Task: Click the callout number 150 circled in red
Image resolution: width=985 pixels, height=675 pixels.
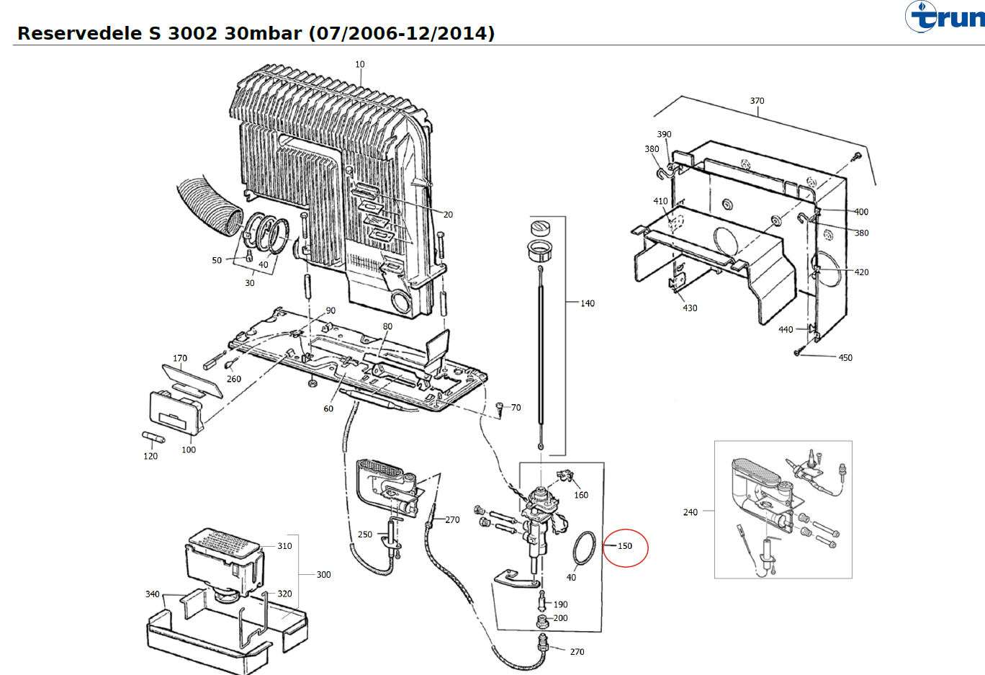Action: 625,546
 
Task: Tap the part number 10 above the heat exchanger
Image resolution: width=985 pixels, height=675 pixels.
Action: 360,64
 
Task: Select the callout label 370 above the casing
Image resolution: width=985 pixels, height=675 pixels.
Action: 757,101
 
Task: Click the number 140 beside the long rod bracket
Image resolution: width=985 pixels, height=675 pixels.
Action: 588,303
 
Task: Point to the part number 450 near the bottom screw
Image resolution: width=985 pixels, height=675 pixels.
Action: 845,358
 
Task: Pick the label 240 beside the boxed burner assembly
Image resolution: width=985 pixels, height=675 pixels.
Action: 690,512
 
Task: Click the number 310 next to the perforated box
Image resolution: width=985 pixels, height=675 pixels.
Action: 284,546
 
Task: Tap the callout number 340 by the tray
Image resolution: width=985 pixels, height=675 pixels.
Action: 152,594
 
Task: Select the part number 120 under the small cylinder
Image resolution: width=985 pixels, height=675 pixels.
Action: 150,456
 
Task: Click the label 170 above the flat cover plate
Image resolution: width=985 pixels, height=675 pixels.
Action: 180,358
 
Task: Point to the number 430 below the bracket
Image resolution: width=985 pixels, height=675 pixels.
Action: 690,308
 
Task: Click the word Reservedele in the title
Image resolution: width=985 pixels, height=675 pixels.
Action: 80,33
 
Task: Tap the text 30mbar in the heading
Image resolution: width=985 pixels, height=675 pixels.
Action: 263,33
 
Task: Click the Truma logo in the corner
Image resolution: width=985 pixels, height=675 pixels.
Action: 945,17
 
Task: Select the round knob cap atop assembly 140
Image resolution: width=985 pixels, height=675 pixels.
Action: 541,228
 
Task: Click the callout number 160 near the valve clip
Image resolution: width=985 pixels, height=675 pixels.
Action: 581,495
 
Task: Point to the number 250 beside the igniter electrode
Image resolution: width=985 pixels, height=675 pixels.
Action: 365,535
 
